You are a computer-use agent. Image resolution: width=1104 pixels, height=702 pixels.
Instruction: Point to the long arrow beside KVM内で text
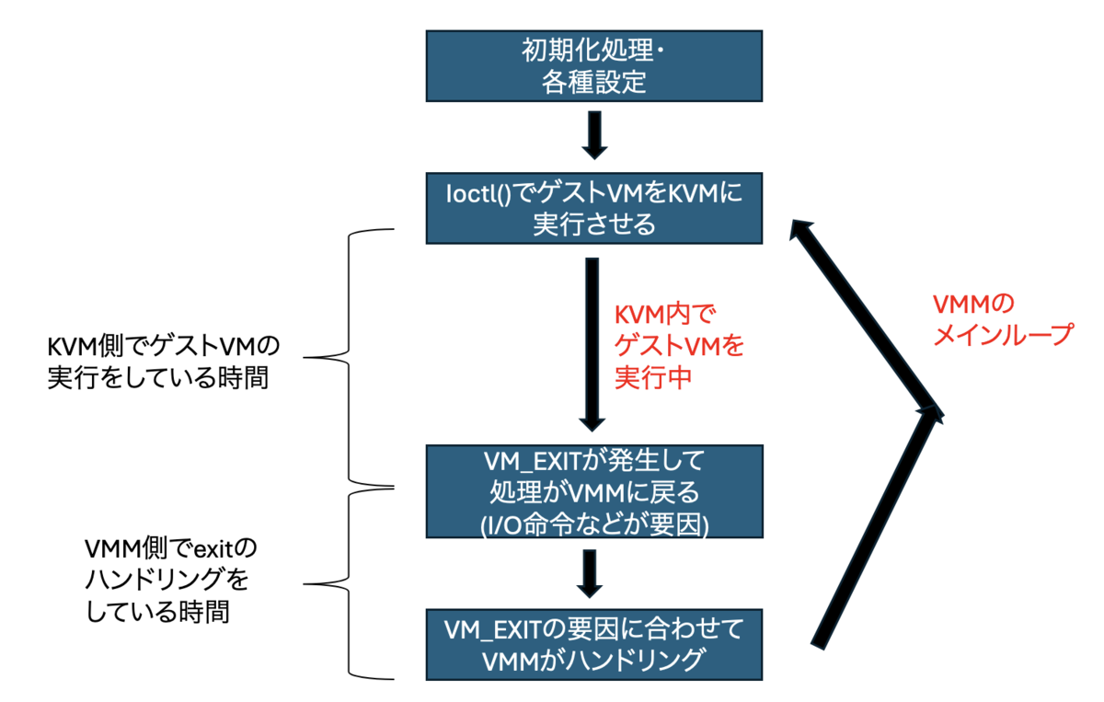click(x=592, y=345)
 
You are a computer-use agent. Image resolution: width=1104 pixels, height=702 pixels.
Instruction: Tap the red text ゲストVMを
click(x=679, y=346)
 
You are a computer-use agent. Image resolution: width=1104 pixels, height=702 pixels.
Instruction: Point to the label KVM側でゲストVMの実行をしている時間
click(x=162, y=362)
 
